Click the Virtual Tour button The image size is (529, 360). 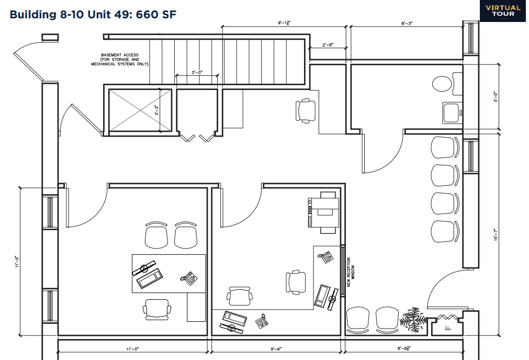[x=503, y=11]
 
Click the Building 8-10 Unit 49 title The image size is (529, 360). [x=93, y=14]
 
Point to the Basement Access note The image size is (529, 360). [x=125, y=59]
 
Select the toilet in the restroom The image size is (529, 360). [x=444, y=83]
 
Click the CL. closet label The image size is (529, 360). [x=448, y=328]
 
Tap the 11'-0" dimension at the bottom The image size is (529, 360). [x=132, y=348]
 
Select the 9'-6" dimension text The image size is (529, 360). [x=276, y=348]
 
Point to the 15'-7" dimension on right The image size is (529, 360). [x=495, y=234]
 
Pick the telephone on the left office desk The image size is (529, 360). [x=189, y=278]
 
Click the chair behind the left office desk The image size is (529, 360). [x=156, y=309]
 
